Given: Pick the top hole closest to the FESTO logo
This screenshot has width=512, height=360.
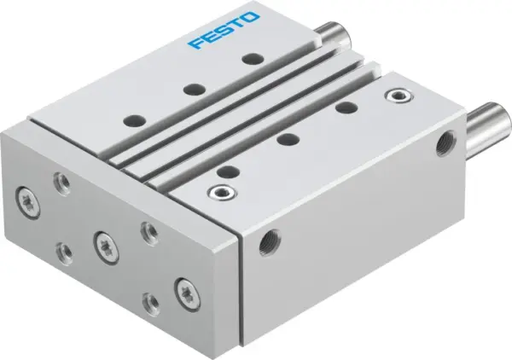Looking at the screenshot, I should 249,59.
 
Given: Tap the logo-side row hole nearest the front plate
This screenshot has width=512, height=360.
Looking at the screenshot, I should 133,121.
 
